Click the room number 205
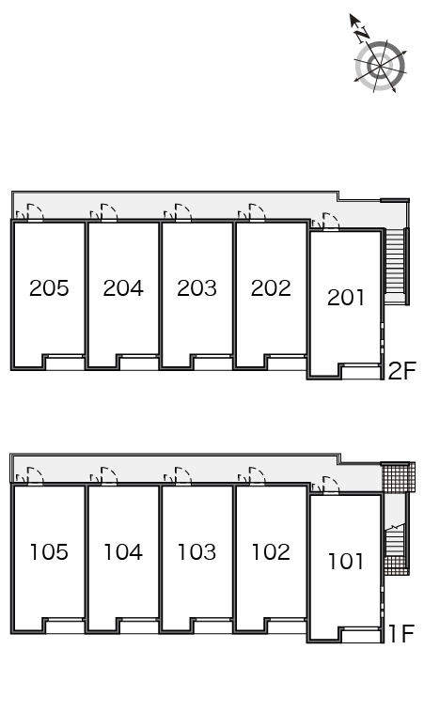(49, 288)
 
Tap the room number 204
(123, 288)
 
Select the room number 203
(196, 288)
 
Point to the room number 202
(271, 288)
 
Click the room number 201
(346, 297)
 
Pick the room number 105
(49, 551)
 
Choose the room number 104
(123, 551)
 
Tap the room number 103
(196, 551)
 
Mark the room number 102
(271, 551)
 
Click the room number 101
(346, 561)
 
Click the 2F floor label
(400, 371)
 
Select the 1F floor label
(400, 634)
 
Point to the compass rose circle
(381, 66)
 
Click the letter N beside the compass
(362, 34)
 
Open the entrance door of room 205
(36, 213)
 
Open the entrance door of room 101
(331, 486)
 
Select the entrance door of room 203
(183, 213)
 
